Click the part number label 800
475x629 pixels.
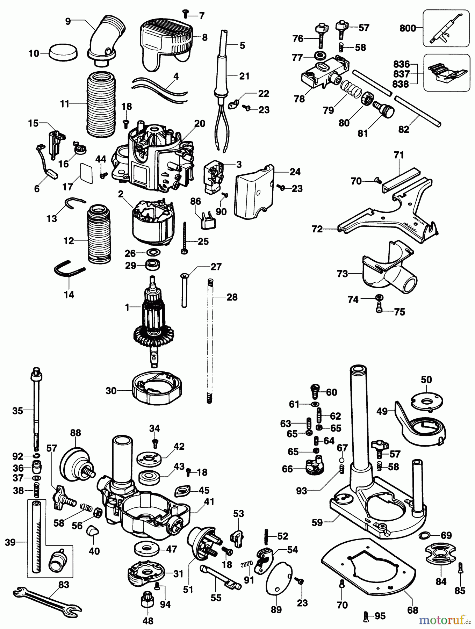click(x=408, y=28)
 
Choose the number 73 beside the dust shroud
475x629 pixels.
click(x=342, y=274)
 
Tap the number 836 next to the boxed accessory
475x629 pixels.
click(x=401, y=65)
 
